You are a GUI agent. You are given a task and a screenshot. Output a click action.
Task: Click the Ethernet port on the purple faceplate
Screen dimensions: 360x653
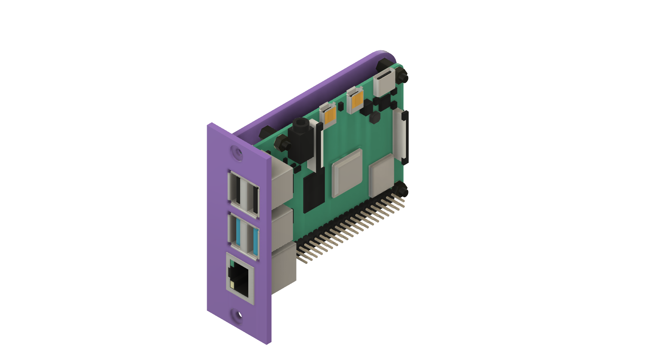coord(240,278)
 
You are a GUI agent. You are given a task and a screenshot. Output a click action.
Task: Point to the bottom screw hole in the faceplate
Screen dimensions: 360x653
coord(238,316)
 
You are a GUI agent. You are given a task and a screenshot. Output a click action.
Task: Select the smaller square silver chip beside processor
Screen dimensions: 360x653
coord(381,174)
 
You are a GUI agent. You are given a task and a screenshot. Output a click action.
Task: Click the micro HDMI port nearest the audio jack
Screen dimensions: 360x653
coord(329,115)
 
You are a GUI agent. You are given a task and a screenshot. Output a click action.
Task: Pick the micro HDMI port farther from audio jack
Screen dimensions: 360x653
coord(356,100)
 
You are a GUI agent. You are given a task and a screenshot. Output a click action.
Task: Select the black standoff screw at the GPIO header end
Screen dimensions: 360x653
coord(401,189)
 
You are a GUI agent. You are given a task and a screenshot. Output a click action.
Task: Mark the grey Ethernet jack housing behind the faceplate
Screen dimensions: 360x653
coord(284,266)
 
